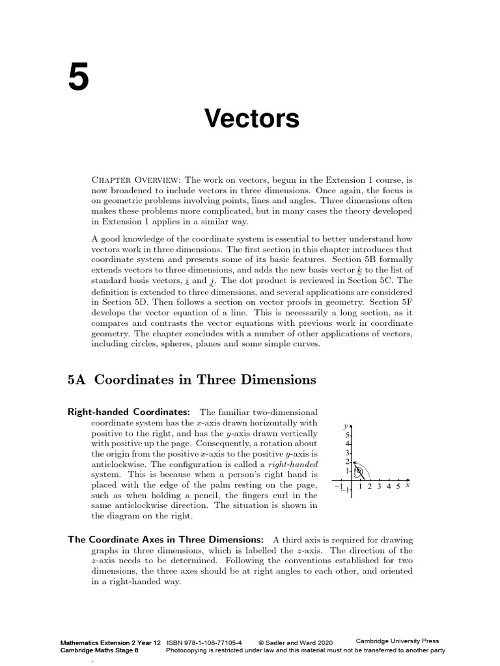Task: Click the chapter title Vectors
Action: pyautogui.click(x=252, y=118)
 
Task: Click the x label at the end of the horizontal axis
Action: pyautogui.click(x=407, y=485)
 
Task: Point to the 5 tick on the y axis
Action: pyautogui.click(x=348, y=434)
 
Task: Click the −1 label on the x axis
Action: pyautogui.click(x=337, y=486)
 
